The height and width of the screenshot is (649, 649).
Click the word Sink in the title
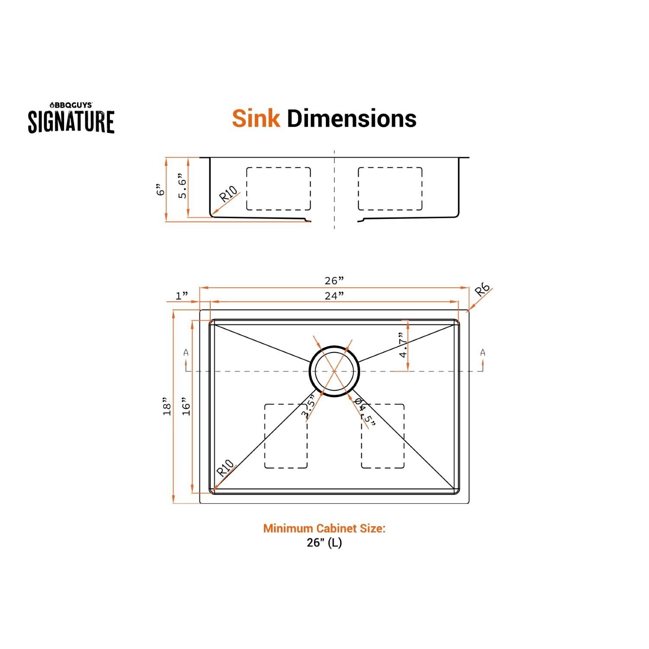point(256,118)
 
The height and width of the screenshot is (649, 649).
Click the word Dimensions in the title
point(351,118)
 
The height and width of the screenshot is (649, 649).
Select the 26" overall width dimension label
point(334,281)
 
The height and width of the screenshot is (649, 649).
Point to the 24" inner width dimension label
point(334,295)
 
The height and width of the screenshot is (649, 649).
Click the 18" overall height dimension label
point(167,407)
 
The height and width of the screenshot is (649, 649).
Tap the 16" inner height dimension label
point(186,407)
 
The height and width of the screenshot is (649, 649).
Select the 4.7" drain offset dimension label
point(403,345)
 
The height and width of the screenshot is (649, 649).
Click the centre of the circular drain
point(334,371)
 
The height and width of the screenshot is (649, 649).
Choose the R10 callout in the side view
point(228,194)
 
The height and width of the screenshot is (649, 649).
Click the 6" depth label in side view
point(161,190)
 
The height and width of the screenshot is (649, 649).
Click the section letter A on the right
point(483,353)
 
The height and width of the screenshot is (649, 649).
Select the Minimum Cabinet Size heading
point(324,528)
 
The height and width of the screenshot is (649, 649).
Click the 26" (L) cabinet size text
point(324,543)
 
